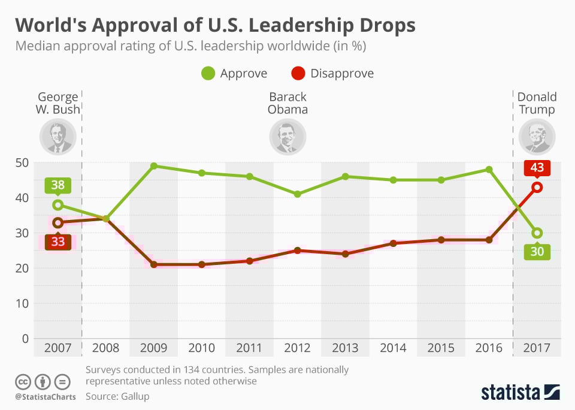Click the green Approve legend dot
(x=208, y=74)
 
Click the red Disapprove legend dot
(x=298, y=74)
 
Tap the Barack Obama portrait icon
(x=287, y=137)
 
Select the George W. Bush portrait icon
(x=57, y=137)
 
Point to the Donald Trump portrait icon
(x=537, y=137)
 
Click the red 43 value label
(x=537, y=168)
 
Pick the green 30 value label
(x=537, y=251)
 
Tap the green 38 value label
(x=57, y=186)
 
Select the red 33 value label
(x=57, y=242)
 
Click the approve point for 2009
(x=153, y=166)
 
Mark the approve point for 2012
(x=297, y=194)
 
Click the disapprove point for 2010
(x=201, y=264)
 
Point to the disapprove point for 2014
(x=393, y=243)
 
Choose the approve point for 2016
(x=489, y=170)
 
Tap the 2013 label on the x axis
(x=345, y=348)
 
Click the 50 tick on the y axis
(x=22, y=162)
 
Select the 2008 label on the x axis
(x=105, y=348)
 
